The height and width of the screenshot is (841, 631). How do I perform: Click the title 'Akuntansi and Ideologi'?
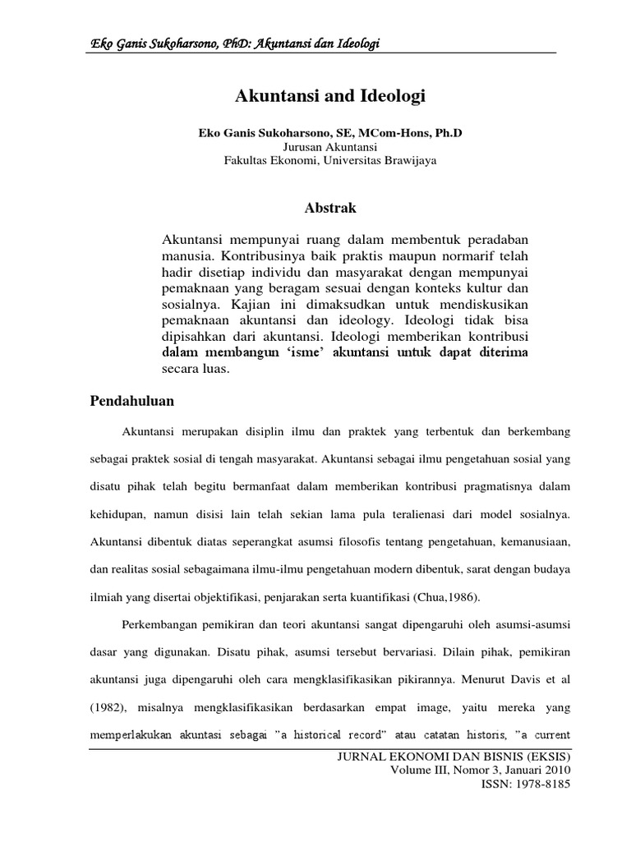(331, 97)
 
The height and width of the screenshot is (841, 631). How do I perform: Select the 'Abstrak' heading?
(331, 209)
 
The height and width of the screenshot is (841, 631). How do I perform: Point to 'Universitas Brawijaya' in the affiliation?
(391, 161)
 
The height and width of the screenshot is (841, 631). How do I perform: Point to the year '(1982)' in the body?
(107, 706)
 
